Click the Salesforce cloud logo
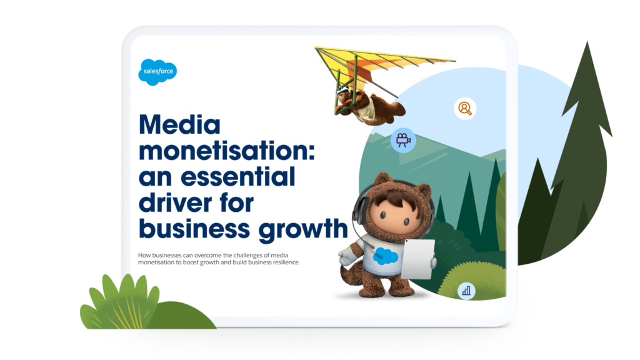[x=157, y=72]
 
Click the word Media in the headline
[x=179, y=124]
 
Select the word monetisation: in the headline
[x=227, y=151]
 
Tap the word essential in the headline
[x=238, y=177]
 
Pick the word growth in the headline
[x=303, y=229]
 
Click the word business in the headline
[x=194, y=229]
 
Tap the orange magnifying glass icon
[x=465, y=108]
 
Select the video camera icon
[x=403, y=141]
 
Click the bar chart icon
[x=466, y=291]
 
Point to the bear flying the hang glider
[x=369, y=107]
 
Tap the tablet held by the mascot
[x=417, y=259]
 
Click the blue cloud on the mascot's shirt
[x=385, y=256]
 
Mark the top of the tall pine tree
[x=587, y=42]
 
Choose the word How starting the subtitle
[x=144, y=255]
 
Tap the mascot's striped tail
[x=350, y=276]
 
